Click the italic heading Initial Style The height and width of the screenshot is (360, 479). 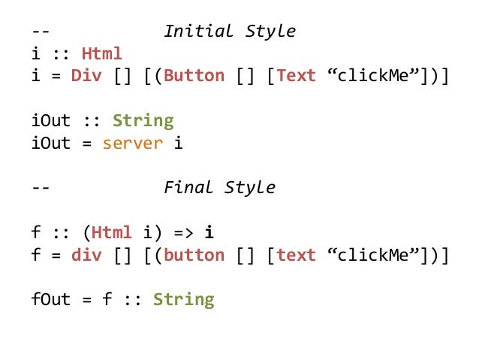point(230,32)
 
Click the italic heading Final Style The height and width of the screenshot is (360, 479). point(219,187)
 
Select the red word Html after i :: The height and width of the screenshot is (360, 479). point(101,54)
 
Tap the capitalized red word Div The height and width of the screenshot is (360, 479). point(86,76)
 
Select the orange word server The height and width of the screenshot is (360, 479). point(132,143)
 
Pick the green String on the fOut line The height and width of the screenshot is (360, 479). point(183,299)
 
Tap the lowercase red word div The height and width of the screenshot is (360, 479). point(86,255)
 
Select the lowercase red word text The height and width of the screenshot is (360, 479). point(296,255)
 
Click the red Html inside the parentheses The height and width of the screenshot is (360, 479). point(112,232)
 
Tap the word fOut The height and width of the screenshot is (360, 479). point(50,299)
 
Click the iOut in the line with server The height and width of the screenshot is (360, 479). point(50,143)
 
